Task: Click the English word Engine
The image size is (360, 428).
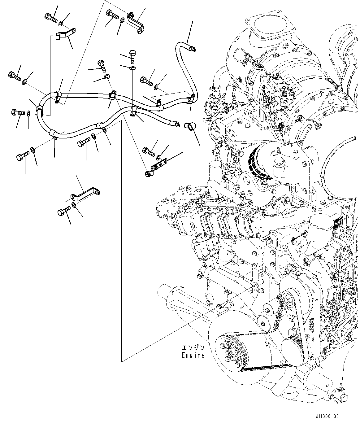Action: tap(193, 356)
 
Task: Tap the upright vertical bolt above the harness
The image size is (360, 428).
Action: tap(132, 57)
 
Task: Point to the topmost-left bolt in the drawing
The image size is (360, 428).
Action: tap(51, 17)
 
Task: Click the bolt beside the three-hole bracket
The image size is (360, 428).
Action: tap(148, 151)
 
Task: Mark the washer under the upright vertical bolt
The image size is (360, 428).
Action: tap(132, 68)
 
